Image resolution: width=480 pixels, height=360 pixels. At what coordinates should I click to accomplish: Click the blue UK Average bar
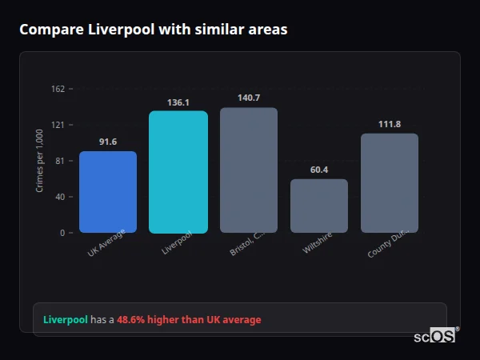[x=108, y=192]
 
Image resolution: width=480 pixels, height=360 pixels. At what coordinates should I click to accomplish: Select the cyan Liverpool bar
[x=178, y=172]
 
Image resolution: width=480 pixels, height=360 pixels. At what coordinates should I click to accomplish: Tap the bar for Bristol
[x=249, y=170]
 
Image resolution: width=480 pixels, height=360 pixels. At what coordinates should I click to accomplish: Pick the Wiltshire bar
[x=319, y=206]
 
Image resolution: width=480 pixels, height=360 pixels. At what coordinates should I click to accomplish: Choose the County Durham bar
[x=390, y=183]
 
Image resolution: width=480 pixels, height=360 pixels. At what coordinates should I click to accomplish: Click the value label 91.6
[x=108, y=142]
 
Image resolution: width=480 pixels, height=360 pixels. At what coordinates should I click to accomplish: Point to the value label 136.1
[x=178, y=102]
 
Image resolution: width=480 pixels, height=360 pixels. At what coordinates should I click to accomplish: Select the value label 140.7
[x=249, y=98]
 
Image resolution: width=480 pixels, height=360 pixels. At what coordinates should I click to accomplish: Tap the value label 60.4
[x=319, y=170]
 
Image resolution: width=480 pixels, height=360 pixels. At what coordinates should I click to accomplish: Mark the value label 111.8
[x=390, y=124]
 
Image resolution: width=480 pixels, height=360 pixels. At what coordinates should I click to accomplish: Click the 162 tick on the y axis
[x=58, y=89]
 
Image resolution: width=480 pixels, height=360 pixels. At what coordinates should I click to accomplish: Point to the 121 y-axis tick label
[x=58, y=125]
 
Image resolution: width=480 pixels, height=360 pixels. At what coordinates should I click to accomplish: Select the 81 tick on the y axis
[x=60, y=161]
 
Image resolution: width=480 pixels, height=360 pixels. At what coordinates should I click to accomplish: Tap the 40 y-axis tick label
[x=60, y=197]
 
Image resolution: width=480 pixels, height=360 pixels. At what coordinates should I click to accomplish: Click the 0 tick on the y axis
[x=62, y=233]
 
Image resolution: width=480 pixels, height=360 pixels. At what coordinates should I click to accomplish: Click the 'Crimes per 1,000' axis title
[x=40, y=161]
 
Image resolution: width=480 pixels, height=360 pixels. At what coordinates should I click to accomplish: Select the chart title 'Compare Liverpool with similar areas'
[x=153, y=30]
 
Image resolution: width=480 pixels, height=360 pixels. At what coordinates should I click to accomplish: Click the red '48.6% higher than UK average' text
[x=189, y=320]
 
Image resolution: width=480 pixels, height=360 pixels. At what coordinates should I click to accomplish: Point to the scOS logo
[x=435, y=337]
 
